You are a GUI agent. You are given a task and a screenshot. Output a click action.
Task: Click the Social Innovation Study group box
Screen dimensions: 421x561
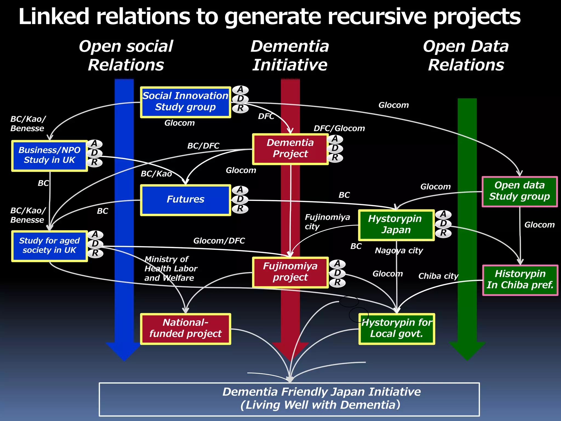[x=185, y=102]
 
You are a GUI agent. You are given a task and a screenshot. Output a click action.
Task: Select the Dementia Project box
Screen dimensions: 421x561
[x=290, y=149]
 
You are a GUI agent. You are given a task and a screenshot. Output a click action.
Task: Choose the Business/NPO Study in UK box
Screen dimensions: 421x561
[x=49, y=156]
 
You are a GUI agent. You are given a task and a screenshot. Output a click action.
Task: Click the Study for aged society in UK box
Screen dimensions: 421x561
[x=49, y=246]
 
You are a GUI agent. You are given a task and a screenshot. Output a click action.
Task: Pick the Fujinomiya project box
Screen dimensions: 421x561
[x=290, y=272]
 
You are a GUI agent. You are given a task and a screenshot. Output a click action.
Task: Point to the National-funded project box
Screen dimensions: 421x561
[x=185, y=329]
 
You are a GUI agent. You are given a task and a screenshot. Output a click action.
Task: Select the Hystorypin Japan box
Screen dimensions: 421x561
[x=396, y=225]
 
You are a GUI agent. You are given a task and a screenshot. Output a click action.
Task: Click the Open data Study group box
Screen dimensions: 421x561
[x=519, y=191]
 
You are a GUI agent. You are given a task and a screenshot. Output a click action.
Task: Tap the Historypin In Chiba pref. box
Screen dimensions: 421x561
[x=520, y=280]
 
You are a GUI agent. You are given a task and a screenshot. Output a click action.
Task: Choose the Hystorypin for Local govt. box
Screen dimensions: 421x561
[x=397, y=329]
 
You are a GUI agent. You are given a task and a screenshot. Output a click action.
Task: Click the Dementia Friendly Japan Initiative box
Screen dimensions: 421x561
[x=289, y=399]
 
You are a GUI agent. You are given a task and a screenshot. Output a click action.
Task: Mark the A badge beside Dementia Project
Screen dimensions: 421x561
[x=335, y=139]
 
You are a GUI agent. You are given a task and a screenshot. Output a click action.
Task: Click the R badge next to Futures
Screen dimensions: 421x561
[x=240, y=209]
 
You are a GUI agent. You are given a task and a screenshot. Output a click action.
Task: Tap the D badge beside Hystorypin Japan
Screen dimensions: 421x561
[x=443, y=224]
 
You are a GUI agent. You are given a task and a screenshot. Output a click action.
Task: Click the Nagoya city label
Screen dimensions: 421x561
[x=399, y=251]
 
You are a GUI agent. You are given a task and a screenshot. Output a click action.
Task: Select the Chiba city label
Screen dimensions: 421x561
[x=438, y=276]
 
